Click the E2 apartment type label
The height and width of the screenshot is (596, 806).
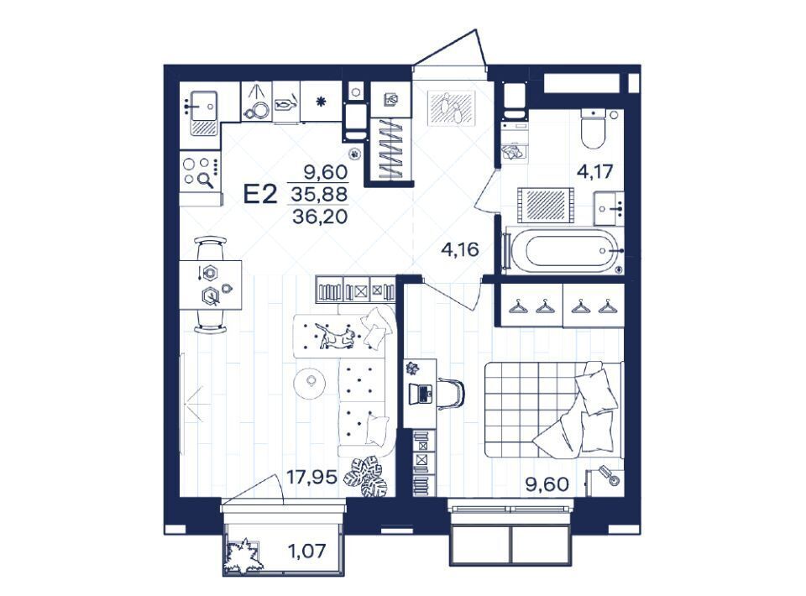[x=260, y=195]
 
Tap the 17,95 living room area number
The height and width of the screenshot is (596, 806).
[x=311, y=478]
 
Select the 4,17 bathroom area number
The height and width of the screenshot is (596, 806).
[x=594, y=171]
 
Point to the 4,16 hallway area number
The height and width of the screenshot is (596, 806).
[x=460, y=249]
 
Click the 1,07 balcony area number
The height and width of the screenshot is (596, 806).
[x=307, y=552]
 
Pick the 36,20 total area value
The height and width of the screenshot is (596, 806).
[x=320, y=217]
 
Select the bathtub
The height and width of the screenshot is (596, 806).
[x=564, y=251]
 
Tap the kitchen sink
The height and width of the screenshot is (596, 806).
[x=204, y=113]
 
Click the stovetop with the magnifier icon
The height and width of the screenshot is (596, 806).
[x=201, y=172]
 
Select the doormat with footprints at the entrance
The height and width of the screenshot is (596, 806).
[x=453, y=108]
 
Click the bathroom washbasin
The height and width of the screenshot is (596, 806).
[x=610, y=208]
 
